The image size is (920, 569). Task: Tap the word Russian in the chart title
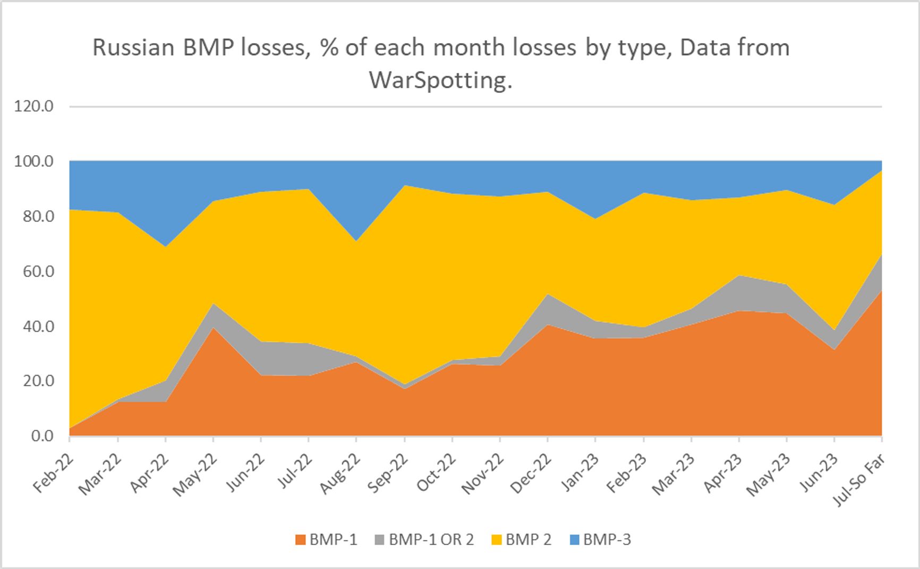point(133,48)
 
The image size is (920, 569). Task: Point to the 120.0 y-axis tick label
point(34,106)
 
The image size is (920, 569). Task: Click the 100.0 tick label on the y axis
point(34,161)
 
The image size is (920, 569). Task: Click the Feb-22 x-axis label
point(52,473)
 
